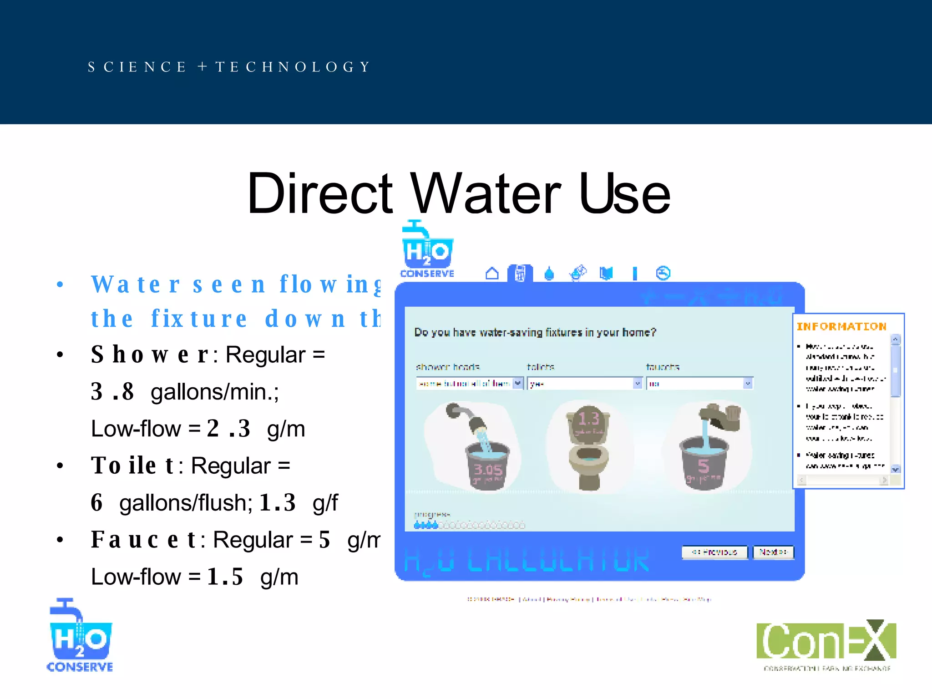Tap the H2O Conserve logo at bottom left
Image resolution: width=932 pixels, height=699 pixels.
(80, 636)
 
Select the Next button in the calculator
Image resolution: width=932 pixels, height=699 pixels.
(773, 552)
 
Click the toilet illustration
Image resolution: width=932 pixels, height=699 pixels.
(588, 446)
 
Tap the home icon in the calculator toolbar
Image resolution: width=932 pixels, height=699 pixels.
(492, 274)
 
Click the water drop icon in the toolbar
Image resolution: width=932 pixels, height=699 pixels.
(549, 274)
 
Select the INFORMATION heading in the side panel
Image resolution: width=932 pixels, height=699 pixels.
(841, 326)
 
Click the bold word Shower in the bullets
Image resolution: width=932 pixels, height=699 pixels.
(150, 355)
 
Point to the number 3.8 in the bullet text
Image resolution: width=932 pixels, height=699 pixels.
(112, 391)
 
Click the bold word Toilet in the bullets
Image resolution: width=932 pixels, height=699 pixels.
(132, 466)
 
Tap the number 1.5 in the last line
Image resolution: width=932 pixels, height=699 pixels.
(225, 577)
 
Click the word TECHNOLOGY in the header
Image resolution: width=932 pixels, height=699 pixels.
(293, 67)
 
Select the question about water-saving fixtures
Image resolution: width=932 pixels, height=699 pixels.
(535, 332)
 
